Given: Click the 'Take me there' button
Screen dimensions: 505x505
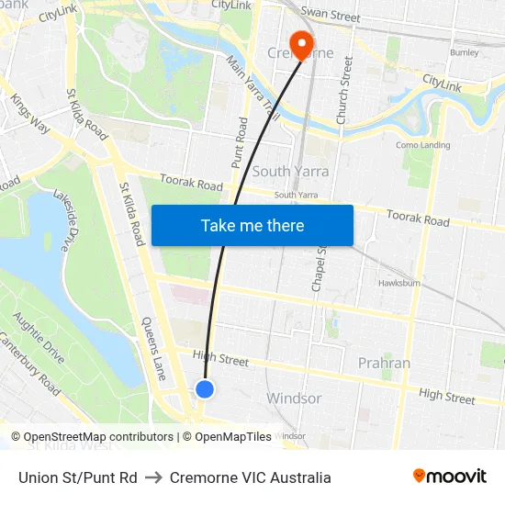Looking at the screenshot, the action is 252,225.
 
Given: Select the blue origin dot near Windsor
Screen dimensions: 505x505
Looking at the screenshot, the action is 205,389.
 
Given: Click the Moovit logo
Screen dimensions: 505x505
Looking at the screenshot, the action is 449,477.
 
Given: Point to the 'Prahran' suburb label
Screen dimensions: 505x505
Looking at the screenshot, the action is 385,363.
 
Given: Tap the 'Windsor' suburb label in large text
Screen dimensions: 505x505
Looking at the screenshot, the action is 293,398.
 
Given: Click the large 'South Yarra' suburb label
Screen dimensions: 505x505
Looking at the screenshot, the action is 290,172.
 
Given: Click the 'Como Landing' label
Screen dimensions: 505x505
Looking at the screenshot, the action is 422,145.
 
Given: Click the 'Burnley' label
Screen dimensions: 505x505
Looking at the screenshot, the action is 464,53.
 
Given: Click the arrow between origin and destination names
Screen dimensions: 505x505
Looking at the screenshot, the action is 153,477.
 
